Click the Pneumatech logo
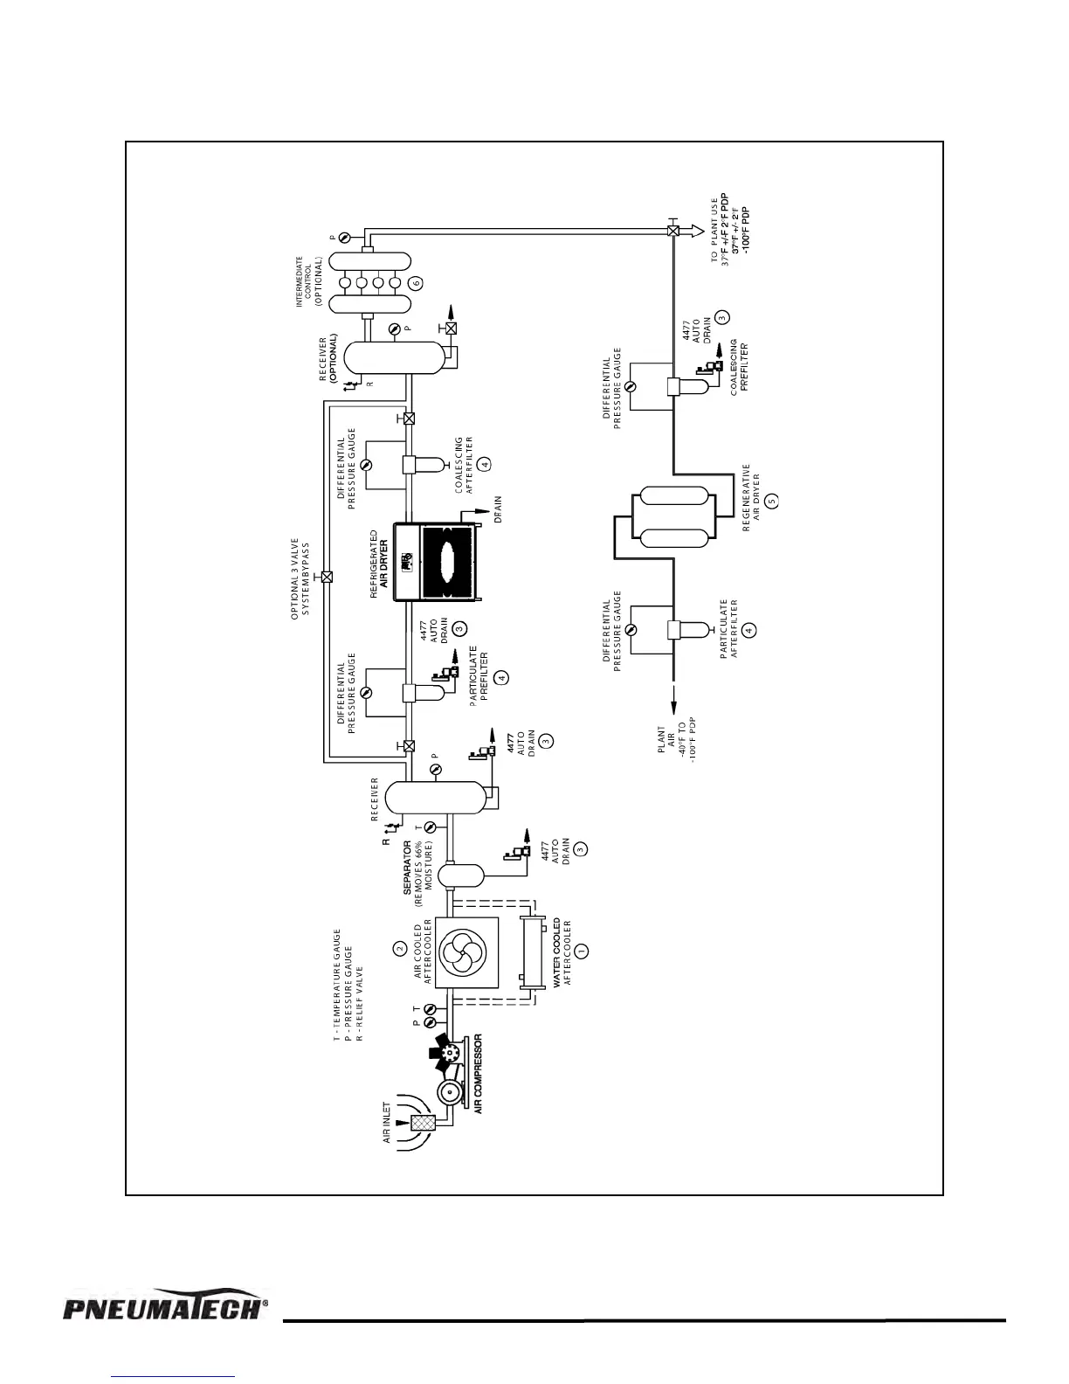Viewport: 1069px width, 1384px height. point(164,1308)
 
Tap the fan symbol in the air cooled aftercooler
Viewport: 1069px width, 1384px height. point(467,951)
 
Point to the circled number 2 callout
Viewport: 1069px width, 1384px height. point(399,947)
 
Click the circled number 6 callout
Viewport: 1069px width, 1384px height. point(416,282)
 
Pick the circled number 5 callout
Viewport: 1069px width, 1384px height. point(771,501)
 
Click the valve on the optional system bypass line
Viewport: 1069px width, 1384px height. point(327,577)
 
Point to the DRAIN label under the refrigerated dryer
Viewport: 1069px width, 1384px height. point(498,509)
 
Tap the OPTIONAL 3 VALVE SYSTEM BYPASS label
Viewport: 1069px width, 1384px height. point(300,578)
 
